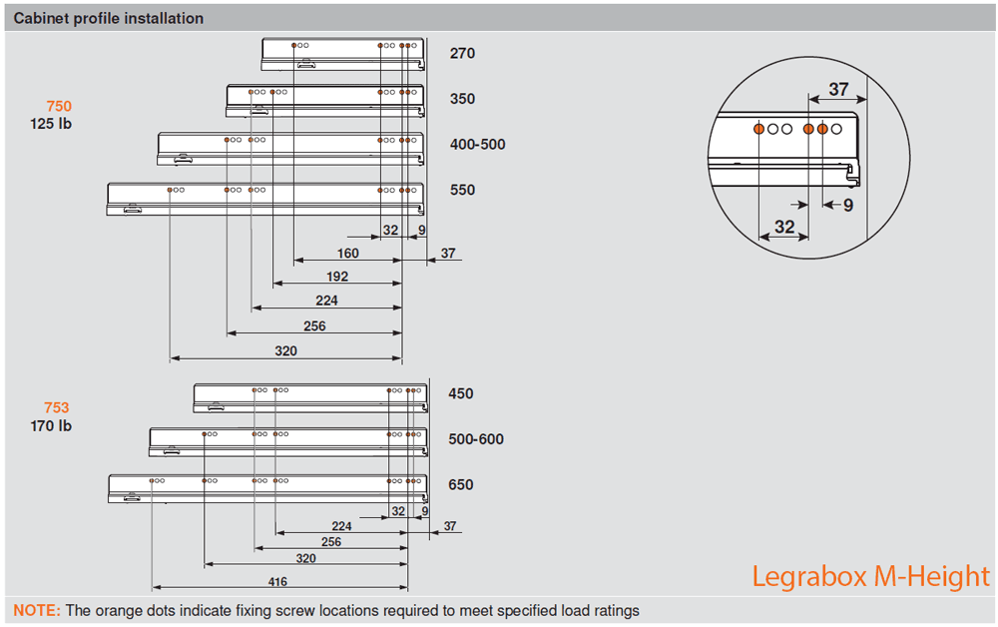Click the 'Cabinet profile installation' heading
click(x=109, y=19)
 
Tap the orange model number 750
click(x=59, y=107)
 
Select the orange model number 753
click(x=57, y=407)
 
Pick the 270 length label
click(x=462, y=54)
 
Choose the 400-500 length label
click(x=477, y=145)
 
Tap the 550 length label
click(x=462, y=190)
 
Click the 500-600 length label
click(x=476, y=439)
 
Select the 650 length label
click(x=461, y=485)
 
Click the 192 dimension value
click(x=337, y=277)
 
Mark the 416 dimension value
click(x=277, y=582)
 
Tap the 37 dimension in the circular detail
click(x=838, y=89)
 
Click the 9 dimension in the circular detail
click(x=848, y=206)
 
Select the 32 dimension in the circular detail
click(x=784, y=228)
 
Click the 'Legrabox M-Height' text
click(x=870, y=577)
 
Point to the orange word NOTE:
click(x=37, y=611)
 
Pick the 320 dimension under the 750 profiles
click(x=286, y=351)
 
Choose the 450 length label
click(x=461, y=394)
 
